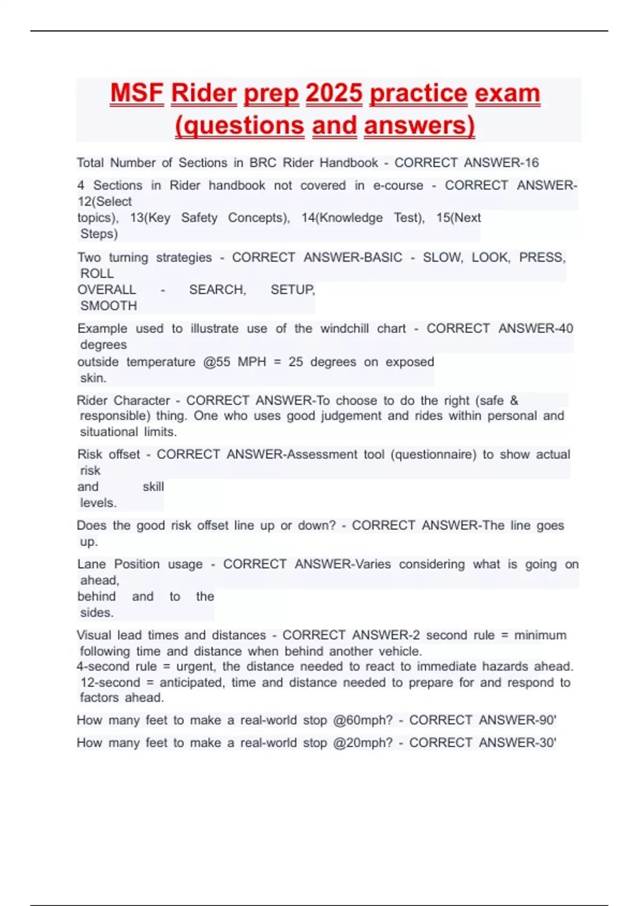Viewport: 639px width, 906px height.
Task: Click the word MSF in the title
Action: (x=137, y=93)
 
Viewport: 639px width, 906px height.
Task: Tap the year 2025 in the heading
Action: (x=334, y=93)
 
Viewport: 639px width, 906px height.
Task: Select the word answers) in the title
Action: (x=419, y=126)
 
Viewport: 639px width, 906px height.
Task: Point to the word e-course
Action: (x=398, y=185)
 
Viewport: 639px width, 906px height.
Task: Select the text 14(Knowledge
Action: (x=342, y=218)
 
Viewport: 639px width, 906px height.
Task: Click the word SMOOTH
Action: (x=109, y=306)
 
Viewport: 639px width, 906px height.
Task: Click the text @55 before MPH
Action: (x=216, y=362)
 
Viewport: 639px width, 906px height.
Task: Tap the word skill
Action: (x=153, y=487)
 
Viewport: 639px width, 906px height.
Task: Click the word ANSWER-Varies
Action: (x=343, y=564)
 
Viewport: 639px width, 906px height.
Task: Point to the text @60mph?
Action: (x=363, y=721)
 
